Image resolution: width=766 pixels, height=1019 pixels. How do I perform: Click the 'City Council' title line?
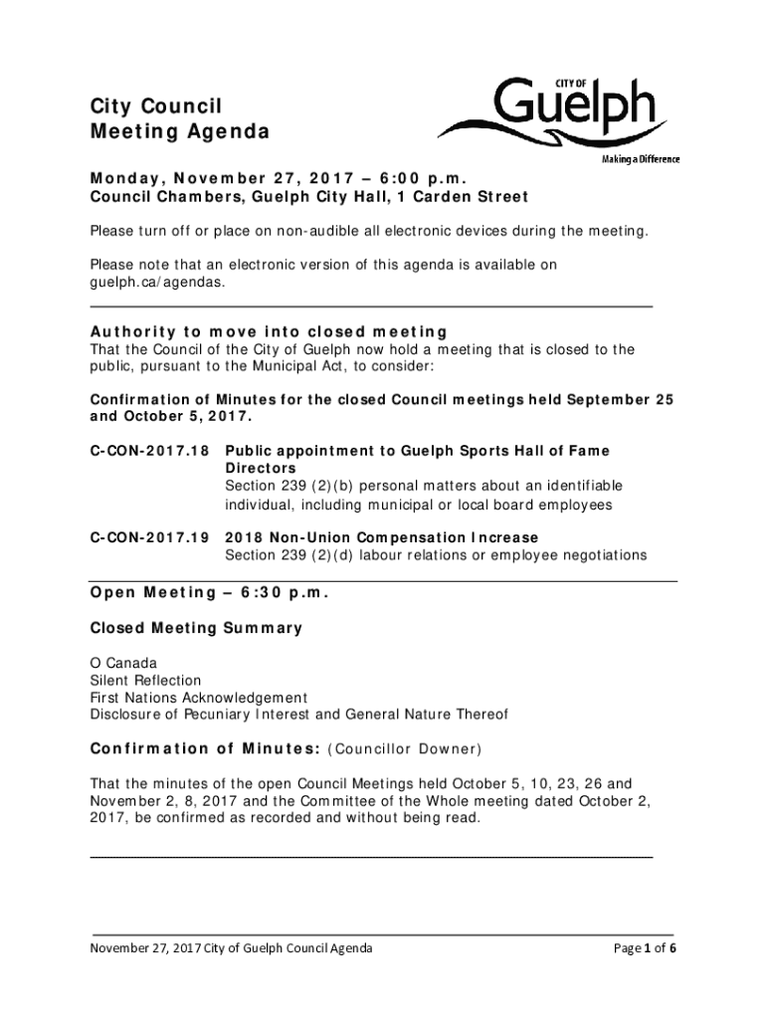[156, 106]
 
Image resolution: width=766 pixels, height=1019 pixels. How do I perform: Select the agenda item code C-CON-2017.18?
[149, 451]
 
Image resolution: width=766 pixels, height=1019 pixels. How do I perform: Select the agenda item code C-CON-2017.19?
[149, 538]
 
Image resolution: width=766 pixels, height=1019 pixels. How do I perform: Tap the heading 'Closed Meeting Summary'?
[196, 628]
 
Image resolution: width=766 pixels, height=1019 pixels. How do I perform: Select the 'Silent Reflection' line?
[145, 681]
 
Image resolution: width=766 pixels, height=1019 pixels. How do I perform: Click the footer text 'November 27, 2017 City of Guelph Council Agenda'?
[232, 948]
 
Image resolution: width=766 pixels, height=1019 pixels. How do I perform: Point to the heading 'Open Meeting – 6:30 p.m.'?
[209, 593]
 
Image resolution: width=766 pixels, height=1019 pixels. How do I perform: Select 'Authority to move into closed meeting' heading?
[269, 331]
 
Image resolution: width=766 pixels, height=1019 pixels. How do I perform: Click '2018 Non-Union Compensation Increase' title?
[383, 538]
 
